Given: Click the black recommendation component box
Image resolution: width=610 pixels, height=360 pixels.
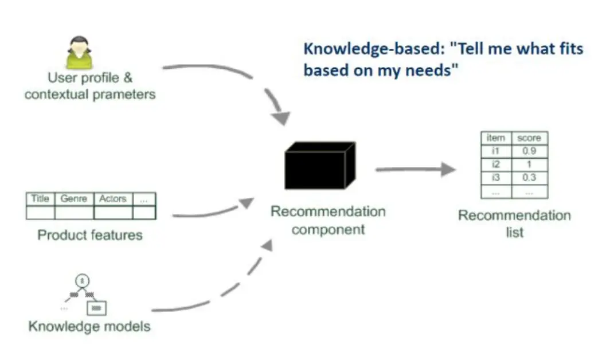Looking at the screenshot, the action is coord(320,166).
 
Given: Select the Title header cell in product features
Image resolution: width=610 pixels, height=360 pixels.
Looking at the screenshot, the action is coord(41,199).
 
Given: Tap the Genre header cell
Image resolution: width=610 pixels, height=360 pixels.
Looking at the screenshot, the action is coord(74,199).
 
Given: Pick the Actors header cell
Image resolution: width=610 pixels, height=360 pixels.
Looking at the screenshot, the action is coord(113,199).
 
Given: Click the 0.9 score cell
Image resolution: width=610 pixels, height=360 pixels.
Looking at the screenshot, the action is coord(530,151).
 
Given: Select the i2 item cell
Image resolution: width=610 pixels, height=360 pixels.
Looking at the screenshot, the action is coord(496,165).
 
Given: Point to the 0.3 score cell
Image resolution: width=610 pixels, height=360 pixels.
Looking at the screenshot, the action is coord(530,178).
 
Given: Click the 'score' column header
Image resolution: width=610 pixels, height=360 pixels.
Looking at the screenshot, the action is coord(530,138).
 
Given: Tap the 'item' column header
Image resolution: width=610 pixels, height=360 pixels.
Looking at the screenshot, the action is coord(496,138).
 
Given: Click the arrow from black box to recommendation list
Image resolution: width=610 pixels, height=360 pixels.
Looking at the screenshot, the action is coord(416,169).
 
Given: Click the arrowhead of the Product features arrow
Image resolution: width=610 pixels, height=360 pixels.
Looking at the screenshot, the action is coord(247,203).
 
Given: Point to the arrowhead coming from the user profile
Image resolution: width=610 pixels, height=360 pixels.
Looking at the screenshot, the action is coord(281,119).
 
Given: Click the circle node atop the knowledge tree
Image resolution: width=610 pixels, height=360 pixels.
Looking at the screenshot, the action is coord(82,281).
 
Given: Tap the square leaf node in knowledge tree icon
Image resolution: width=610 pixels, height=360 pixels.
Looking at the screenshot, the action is coord(96,308).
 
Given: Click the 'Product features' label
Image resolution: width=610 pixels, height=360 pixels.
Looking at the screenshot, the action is coord(90,235).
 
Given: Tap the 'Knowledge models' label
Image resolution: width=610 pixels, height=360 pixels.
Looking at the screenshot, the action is coord(89,326).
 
